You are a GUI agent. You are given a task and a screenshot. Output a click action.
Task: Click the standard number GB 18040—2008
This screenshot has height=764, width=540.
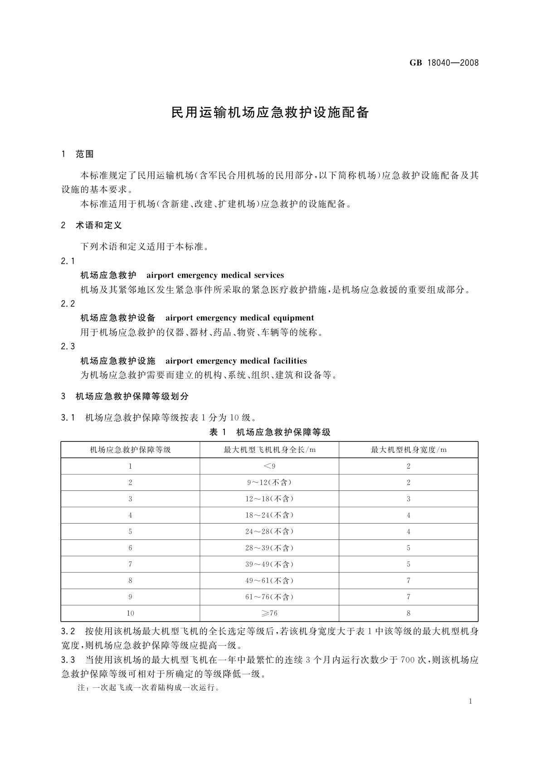point(444,63)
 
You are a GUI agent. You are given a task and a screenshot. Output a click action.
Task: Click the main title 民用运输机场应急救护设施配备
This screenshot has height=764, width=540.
point(270,113)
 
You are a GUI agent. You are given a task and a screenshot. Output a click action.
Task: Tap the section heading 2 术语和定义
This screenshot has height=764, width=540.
point(91,225)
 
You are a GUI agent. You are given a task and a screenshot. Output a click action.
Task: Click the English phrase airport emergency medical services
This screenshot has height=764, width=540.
point(215,275)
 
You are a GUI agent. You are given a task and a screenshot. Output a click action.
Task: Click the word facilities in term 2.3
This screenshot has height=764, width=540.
point(290,361)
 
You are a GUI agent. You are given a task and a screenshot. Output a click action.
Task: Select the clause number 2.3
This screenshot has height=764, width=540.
point(68,347)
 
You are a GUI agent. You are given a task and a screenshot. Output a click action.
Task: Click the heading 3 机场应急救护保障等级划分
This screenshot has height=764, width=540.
point(125,397)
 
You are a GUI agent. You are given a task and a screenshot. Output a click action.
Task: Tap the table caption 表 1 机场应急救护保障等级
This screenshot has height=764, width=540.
point(270,432)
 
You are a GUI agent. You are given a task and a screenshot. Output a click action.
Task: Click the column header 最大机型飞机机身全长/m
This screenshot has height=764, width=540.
point(269,450)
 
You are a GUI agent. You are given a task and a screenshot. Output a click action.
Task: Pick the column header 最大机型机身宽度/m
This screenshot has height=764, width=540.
point(409,450)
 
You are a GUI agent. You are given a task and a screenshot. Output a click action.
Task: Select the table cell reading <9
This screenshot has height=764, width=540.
point(269,466)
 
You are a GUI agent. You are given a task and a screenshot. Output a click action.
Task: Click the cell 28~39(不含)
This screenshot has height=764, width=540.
point(269,548)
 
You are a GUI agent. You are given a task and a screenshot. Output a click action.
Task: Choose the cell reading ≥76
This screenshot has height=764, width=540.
point(269,613)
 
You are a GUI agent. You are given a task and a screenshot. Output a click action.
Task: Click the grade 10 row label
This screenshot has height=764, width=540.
point(130,613)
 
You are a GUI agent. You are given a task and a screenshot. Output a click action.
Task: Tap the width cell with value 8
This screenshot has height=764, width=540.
point(409,613)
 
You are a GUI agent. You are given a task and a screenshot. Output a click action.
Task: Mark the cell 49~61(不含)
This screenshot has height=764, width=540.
point(269,581)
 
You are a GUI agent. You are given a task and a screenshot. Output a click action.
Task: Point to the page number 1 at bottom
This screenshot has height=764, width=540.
point(471,701)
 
